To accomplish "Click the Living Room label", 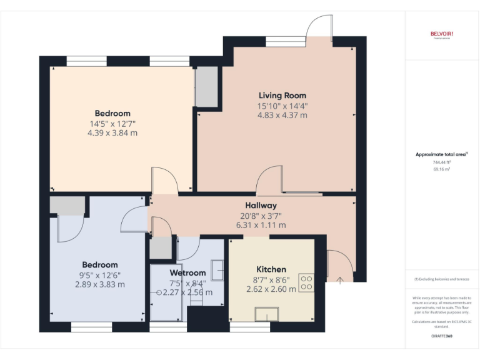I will tap(282, 96).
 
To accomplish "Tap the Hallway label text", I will tap(261, 205).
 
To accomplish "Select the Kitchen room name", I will tap(271, 269).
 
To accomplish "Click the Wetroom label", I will tap(187, 272).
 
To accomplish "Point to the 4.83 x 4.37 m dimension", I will tap(282, 115).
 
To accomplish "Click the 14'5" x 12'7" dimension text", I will tap(112, 123).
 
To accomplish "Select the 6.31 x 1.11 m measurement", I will tap(261, 225).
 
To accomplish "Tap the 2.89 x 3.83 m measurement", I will tap(99, 284).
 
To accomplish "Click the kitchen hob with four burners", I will tap(307, 282).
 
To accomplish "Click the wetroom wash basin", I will tap(217, 269).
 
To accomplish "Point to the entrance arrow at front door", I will tap(339, 281).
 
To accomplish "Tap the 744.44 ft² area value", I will tap(441, 162).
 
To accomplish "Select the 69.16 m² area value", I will tap(441, 169).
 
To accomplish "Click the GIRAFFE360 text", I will tap(441, 336).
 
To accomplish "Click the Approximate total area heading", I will tap(441, 154).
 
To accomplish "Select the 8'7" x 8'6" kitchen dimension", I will tap(271, 280).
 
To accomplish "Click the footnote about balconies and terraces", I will tap(441, 279).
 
